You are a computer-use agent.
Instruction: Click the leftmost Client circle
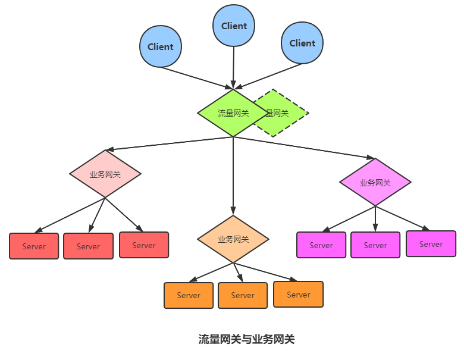[x=161, y=46]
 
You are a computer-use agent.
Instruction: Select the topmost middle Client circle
[x=234, y=26]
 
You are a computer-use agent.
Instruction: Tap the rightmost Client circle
[x=302, y=43]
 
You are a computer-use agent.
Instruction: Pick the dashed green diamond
[x=289, y=113]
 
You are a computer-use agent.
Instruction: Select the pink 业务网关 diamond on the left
[x=105, y=174]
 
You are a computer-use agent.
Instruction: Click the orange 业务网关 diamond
[x=233, y=239]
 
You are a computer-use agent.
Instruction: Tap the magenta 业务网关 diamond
[x=375, y=182]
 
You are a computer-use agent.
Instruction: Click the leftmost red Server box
[x=34, y=246]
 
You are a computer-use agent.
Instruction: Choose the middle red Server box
[x=88, y=246]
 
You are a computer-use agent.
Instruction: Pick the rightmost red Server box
[x=144, y=245]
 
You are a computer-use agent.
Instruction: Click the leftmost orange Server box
[x=189, y=295]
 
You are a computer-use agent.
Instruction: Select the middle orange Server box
[x=243, y=295]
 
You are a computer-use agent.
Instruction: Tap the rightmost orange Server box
[x=299, y=294]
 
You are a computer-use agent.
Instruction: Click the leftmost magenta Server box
[x=321, y=245]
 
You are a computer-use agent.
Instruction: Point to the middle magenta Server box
[x=375, y=245]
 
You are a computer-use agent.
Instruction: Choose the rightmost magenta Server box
[x=431, y=243]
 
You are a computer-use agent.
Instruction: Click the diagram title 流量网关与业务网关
[x=246, y=339]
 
